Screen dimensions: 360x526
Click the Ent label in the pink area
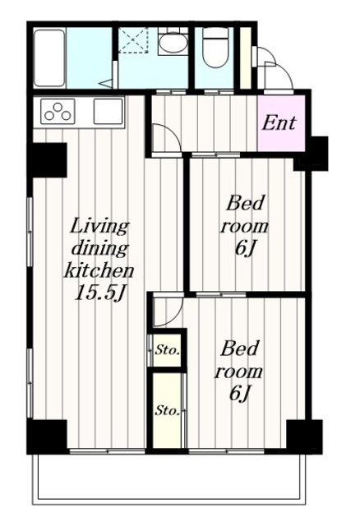point(279,122)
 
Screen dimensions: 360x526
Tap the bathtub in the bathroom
point(49,58)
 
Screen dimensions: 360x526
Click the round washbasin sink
point(172,42)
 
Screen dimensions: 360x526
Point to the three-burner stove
point(58,112)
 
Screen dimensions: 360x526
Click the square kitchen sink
point(108,111)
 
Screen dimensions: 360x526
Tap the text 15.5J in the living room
point(99,293)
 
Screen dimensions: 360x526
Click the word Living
point(99,227)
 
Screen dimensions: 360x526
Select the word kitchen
point(99,270)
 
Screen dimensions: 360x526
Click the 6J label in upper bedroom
point(244,248)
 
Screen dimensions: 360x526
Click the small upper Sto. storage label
point(168,351)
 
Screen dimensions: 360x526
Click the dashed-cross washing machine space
point(133,40)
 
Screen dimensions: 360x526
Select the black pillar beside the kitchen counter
point(47,160)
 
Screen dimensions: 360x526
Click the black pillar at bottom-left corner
point(48,436)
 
